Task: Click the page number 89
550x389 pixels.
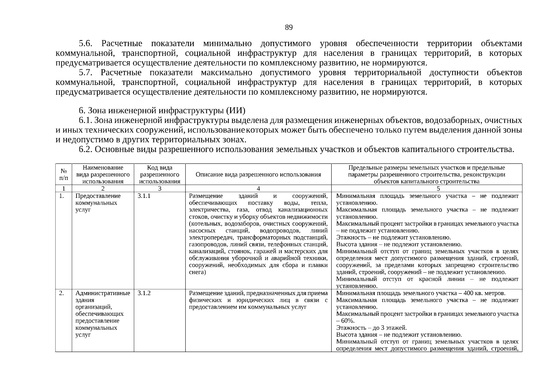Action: point(289,28)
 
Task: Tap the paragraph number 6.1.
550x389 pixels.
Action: point(86,121)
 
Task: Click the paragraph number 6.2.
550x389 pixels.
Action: point(86,149)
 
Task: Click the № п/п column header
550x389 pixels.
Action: point(64,174)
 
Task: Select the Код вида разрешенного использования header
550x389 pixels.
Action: point(159,174)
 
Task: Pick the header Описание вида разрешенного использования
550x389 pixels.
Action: point(258,174)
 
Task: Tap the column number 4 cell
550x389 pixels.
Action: point(258,189)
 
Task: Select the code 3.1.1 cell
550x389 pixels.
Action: point(144,196)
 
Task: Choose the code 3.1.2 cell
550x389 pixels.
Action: point(144,293)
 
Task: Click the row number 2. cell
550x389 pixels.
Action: point(61,293)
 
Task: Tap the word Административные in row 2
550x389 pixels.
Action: point(103,293)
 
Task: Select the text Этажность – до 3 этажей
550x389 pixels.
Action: point(371,328)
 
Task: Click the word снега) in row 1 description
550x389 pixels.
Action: point(197,272)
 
